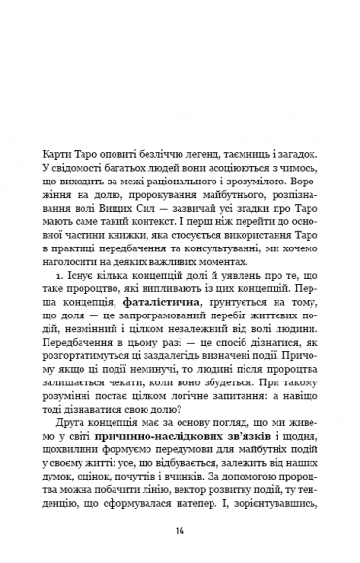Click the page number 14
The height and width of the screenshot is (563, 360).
[180, 532]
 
